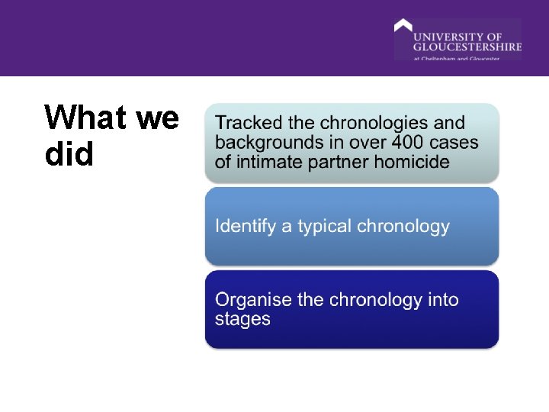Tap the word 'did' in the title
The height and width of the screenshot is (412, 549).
tap(69, 155)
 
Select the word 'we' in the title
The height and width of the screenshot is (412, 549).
tap(158, 118)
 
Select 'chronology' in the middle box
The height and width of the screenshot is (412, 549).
tap(404, 227)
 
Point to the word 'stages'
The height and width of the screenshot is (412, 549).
tap(242, 319)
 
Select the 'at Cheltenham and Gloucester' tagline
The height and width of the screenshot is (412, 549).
tap(457, 58)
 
